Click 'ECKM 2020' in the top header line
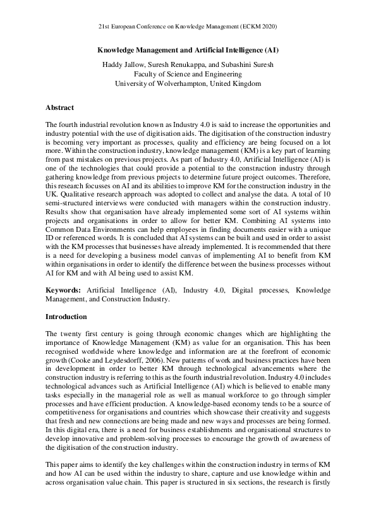tap(260, 27)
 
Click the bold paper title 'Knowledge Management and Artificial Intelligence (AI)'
tap(188, 49)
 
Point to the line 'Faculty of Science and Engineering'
tap(188, 74)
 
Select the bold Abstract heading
tap(60, 107)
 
